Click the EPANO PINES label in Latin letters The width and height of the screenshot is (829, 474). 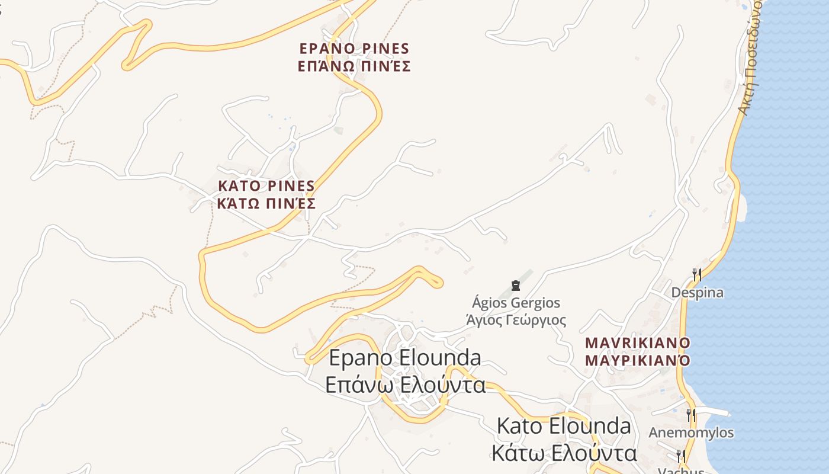[x=354, y=49]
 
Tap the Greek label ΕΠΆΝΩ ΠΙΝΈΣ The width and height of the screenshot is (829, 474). [x=354, y=66]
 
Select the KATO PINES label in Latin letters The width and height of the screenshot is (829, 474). [x=266, y=186]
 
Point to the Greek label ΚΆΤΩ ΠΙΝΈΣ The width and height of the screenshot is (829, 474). [x=266, y=204]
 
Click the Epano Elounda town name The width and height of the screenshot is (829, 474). [x=404, y=358]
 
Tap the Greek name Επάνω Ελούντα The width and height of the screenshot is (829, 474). [x=405, y=385]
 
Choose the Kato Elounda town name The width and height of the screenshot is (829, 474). [x=564, y=426]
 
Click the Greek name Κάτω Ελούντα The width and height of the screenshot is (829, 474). [x=564, y=453]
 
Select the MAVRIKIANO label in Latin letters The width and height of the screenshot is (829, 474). [x=638, y=343]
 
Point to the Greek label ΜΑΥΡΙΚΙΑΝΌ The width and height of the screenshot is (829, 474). [x=638, y=360]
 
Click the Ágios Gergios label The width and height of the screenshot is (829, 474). [x=516, y=303]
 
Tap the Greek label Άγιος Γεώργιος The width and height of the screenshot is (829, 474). [x=516, y=321]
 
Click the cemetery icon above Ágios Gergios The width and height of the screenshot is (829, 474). [x=516, y=286]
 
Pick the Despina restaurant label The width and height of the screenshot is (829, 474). [x=697, y=293]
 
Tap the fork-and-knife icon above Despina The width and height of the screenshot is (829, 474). [x=697, y=275]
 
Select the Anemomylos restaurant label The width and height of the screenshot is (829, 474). [x=691, y=433]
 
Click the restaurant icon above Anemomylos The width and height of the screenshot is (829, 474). [x=690, y=415]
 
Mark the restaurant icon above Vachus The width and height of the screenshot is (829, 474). [x=681, y=456]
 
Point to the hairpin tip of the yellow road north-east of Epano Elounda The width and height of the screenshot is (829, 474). [x=439, y=283]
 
